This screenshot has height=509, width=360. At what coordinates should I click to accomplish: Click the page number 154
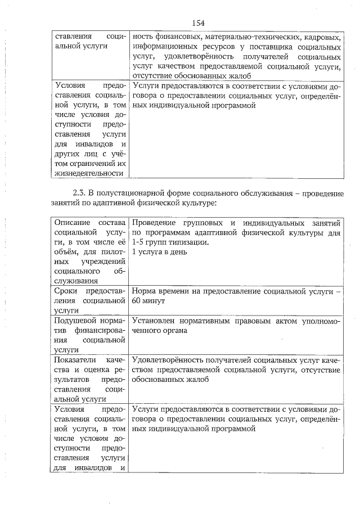pos(197,22)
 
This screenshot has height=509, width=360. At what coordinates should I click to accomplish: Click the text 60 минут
pos(148,301)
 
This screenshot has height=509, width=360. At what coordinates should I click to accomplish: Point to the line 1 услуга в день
pos(159,251)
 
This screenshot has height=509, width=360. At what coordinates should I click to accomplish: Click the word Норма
pos(146,291)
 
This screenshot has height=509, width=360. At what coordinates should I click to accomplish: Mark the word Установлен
pos(157,321)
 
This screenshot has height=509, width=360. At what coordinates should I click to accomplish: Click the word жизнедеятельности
pos(89,173)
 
